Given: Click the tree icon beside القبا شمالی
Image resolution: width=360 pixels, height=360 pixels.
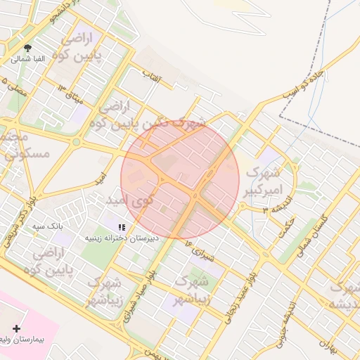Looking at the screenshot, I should click(x=27, y=48).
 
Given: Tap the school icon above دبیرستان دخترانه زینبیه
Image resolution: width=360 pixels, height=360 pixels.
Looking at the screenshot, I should click(x=122, y=227).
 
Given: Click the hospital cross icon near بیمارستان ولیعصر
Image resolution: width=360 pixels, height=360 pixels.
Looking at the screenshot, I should click(x=17, y=328).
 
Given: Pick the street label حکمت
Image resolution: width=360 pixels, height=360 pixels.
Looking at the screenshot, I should click(x=288, y=224).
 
